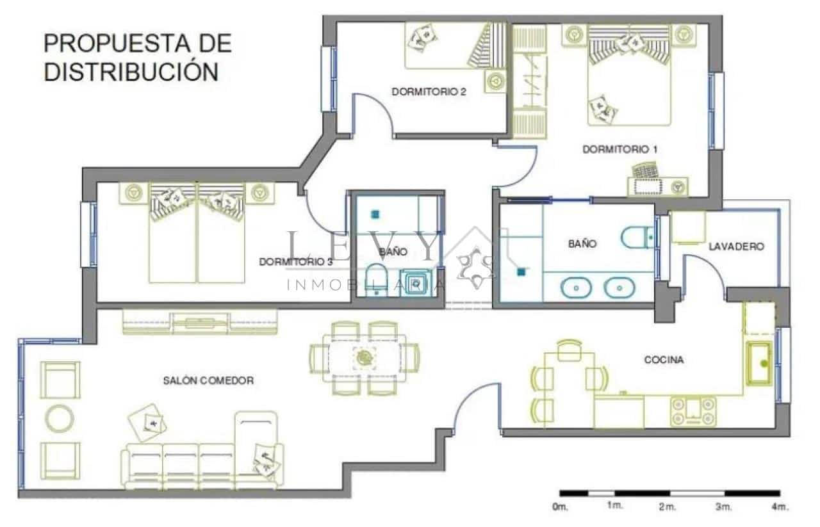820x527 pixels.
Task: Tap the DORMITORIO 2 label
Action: (429, 92)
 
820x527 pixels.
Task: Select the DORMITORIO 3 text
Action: (295, 262)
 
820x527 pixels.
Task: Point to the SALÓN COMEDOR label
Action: (208, 380)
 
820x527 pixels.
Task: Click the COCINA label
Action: (663, 360)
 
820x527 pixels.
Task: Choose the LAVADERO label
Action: (736, 247)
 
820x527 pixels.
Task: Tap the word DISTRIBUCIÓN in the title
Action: (131, 72)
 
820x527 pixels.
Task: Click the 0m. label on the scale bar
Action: (559, 507)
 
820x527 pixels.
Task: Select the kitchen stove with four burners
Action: (693, 411)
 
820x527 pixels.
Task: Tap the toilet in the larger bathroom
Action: (637, 238)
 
